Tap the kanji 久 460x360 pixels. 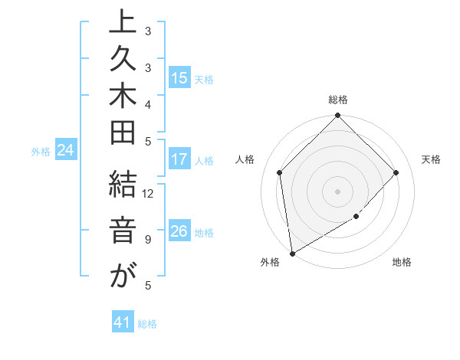pos(122,65)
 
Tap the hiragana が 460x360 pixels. pos(122,276)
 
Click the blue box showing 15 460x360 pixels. pos(179,77)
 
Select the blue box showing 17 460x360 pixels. pos(179,160)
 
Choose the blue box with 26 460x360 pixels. pos(179,232)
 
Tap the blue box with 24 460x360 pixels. pos(66,151)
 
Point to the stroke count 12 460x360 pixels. pos(148,193)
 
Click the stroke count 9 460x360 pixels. pos(148,240)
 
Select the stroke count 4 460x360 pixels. pos(148,103)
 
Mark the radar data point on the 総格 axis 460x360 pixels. pos(337,116)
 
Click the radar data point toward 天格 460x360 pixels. pos(396,172)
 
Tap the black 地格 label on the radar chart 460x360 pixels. pos(402,263)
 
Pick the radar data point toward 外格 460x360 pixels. pos(292,254)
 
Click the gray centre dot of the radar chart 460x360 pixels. pos(337,191)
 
